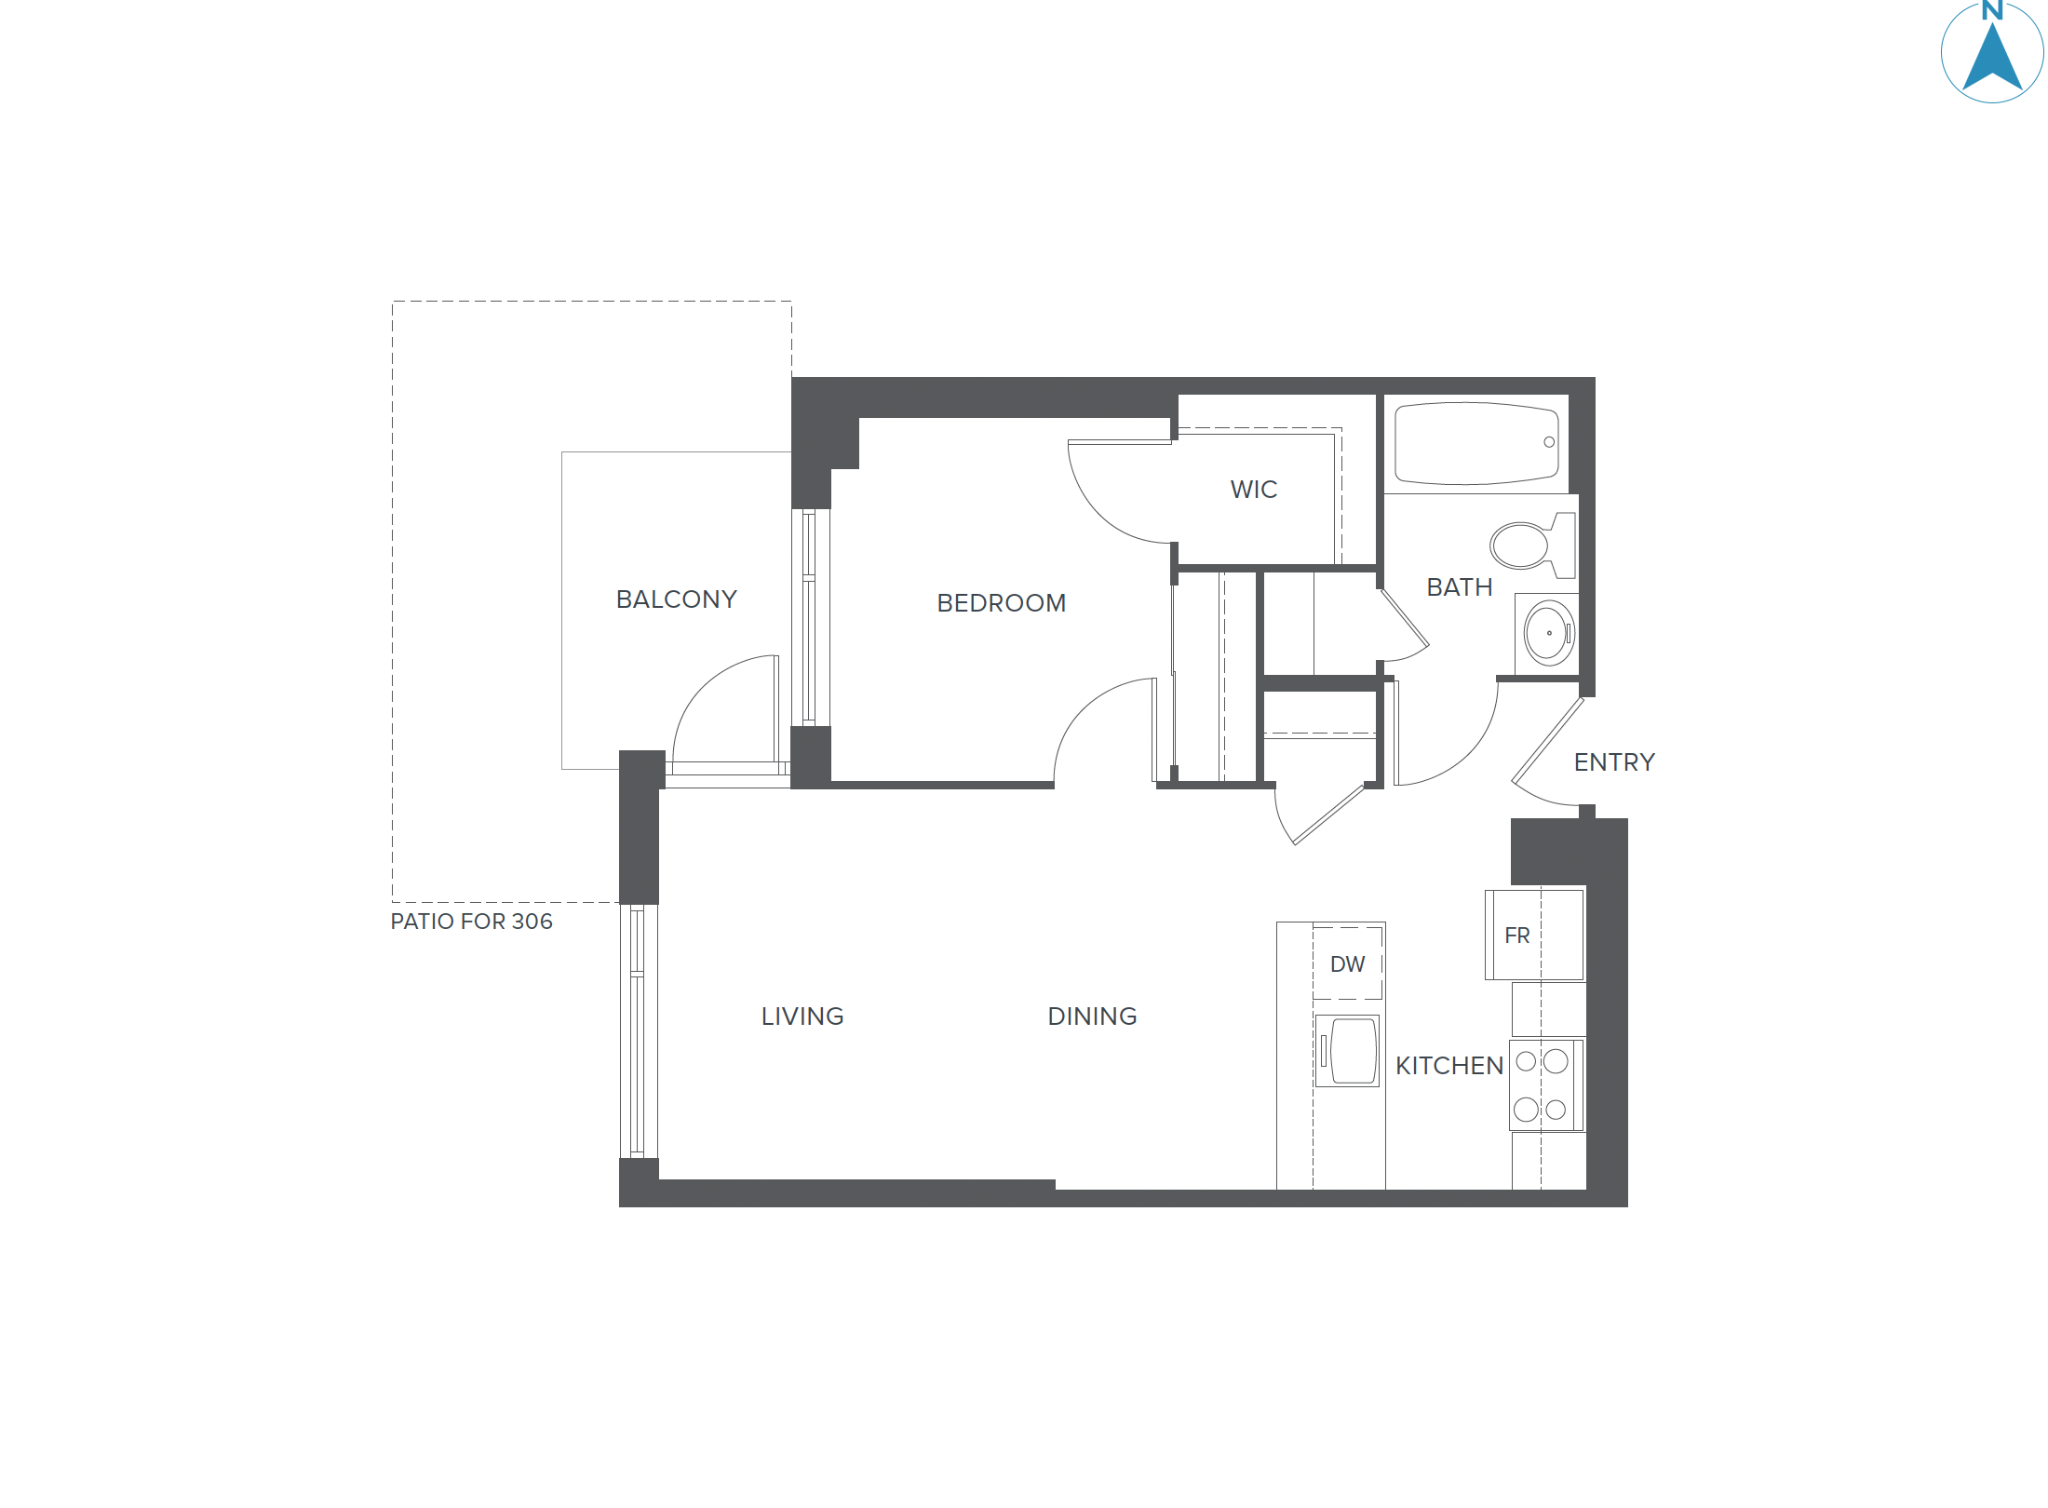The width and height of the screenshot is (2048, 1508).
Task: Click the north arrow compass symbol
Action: pos(1991,54)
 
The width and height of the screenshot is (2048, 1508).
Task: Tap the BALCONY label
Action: pos(676,599)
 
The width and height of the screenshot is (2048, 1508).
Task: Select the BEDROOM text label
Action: pos(1001,603)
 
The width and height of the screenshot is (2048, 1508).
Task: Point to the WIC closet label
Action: pos(1253,490)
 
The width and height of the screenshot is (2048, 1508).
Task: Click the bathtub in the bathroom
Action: pos(1475,443)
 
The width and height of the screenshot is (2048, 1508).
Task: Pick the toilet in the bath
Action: pos(1527,545)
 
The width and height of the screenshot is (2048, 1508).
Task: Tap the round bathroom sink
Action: pos(1549,633)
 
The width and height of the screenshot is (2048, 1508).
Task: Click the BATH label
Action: pos(1459,587)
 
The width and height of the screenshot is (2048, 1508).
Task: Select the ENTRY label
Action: pos(1614,762)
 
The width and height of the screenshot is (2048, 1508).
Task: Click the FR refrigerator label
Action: pos(1516,936)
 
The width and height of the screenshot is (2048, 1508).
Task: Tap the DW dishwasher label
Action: pos(1347,964)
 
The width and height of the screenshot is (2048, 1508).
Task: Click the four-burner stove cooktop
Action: pos(1542,1084)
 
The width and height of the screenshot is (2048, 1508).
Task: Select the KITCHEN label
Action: pos(1448,1066)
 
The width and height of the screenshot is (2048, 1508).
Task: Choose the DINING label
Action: pos(1092,1017)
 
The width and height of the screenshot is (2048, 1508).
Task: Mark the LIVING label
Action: pos(802,1017)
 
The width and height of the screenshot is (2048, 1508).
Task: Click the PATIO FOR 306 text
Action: pos(471,922)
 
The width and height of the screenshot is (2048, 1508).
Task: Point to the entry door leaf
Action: pos(1546,741)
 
